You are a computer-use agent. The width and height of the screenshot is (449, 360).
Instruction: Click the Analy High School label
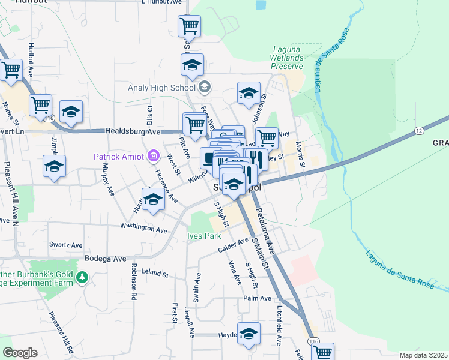point(162,88)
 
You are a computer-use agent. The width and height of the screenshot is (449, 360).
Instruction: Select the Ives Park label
point(204,236)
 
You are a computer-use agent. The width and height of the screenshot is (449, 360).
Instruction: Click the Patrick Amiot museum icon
point(154,157)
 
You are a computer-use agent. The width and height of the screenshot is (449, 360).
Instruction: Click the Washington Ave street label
point(143,229)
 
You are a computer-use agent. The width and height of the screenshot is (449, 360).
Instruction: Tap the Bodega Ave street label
point(105,259)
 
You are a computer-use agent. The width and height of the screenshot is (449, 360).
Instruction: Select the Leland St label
point(155,273)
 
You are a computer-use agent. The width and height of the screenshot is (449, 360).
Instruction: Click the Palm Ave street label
point(257,298)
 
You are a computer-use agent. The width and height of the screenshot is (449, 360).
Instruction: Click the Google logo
point(20,352)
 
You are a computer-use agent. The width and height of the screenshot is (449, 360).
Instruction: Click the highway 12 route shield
point(419,130)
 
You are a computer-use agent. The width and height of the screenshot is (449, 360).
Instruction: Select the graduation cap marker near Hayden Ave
point(249,334)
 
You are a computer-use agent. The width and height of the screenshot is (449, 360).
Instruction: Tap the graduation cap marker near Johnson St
point(249,94)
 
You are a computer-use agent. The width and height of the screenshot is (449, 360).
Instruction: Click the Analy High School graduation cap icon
point(205,88)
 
